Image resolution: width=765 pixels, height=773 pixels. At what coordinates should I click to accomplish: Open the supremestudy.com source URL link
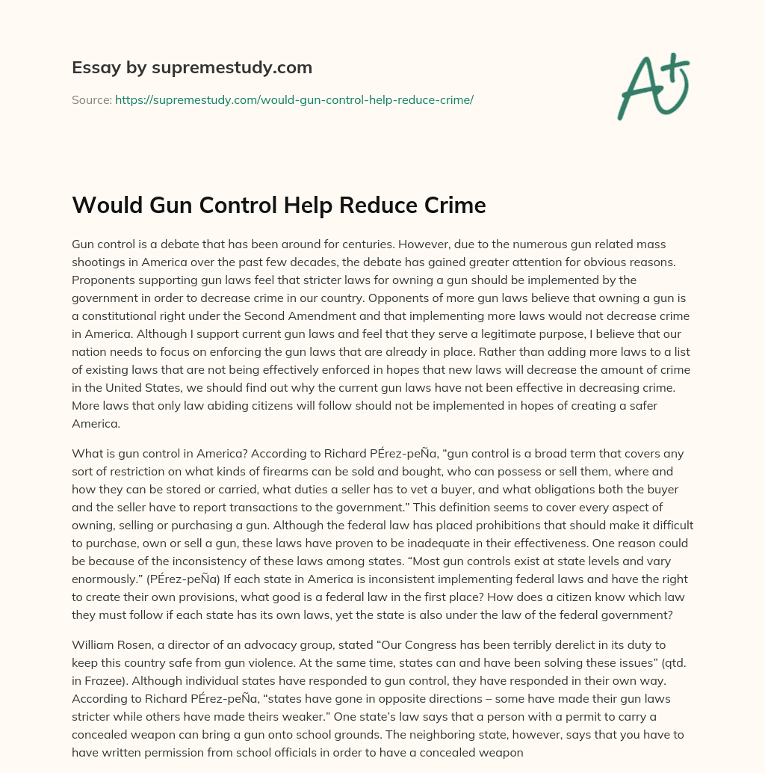(x=294, y=99)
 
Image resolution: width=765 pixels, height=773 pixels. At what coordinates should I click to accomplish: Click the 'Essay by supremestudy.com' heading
(x=192, y=68)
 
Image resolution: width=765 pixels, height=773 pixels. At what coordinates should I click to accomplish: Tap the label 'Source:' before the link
(x=92, y=99)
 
